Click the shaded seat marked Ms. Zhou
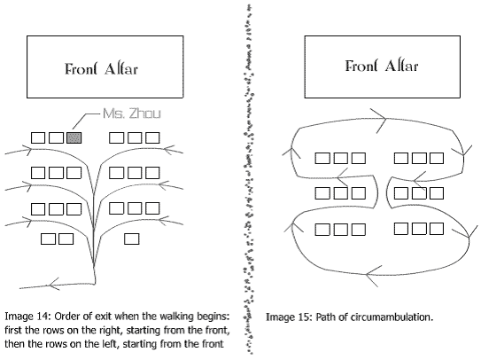74,137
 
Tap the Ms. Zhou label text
132,113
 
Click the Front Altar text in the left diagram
101,69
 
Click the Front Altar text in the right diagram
382,66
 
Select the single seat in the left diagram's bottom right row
132,239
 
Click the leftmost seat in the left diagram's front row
38,137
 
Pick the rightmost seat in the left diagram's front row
152,137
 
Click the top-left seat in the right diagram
322,158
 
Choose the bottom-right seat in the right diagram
437,229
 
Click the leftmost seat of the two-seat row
48,239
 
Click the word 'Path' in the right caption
324,317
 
